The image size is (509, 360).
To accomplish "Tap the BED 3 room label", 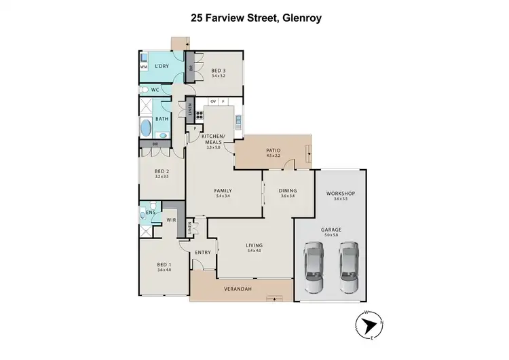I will tap(217, 70).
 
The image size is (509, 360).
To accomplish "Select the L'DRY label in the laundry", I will tap(161, 66).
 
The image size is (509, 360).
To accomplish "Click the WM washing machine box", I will tap(144, 67).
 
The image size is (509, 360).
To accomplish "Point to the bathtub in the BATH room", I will tap(146, 128).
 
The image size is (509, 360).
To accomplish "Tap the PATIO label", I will tap(273, 150).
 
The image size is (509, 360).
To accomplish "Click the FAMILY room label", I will tap(223, 191).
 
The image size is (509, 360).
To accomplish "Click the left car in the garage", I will tap(317, 266).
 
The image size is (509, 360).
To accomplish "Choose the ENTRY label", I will tap(203, 253).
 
